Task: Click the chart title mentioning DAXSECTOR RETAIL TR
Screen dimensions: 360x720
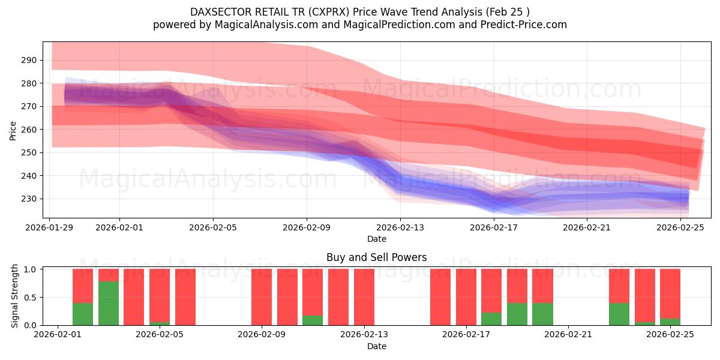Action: (x=360, y=11)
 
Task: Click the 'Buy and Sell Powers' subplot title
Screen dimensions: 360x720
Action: (x=376, y=257)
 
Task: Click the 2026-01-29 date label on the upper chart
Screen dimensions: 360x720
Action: (x=50, y=227)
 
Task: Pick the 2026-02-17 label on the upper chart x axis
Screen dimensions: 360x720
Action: (x=494, y=227)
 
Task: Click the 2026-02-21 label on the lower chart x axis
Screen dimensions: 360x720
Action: (x=568, y=335)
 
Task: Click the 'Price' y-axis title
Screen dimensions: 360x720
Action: (x=13, y=130)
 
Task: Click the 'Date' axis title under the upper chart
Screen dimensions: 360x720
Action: (x=376, y=239)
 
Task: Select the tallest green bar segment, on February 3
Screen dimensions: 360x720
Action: (x=109, y=303)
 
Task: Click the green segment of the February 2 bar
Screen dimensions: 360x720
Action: (x=83, y=314)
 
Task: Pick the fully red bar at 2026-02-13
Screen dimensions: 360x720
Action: (x=364, y=297)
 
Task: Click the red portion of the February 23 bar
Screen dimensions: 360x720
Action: (x=619, y=285)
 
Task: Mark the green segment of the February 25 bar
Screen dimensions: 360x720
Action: (x=670, y=322)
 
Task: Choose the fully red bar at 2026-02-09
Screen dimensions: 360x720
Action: (x=262, y=297)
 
